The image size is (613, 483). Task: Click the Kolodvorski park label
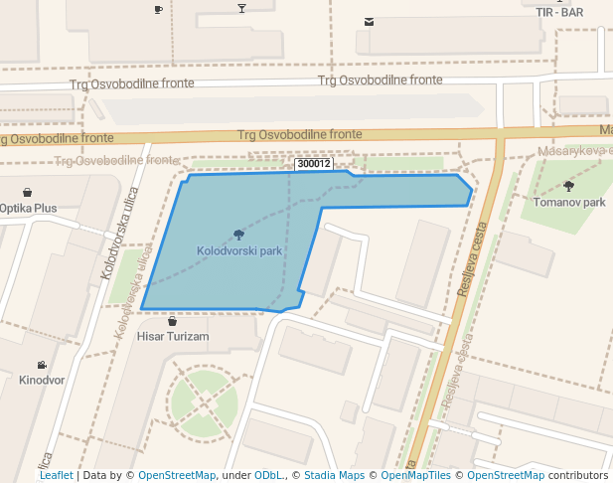click(x=239, y=251)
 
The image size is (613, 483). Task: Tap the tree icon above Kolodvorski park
click(x=239, y=236)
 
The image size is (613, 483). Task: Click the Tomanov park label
click(x=568, y=202)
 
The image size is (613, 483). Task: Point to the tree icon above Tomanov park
click(x=568, y=186)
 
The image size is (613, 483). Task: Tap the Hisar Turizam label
click(x=173, y=337)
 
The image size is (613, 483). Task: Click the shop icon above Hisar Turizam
click(x=173, y=321)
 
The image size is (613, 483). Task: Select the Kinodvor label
click(x=42, y=380)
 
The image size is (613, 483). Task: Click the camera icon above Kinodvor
click(x=42, y=365)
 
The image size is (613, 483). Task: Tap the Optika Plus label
click(x=28, y=208)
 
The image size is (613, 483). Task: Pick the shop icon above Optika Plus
click(x=27, y=192)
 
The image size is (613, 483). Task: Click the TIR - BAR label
click(x=558, y=12)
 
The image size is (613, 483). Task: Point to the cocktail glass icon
click(x=241, y=9)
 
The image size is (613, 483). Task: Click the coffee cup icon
click(x=158, y=9)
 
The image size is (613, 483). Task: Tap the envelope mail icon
click(x=370, y=21)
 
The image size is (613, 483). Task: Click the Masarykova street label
click(x=574, y=150)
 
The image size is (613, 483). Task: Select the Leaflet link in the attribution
click(x=56, y=475)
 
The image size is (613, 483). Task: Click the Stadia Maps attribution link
click(x=334, y=475)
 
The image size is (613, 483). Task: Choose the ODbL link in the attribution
click(x=268, y=475)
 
